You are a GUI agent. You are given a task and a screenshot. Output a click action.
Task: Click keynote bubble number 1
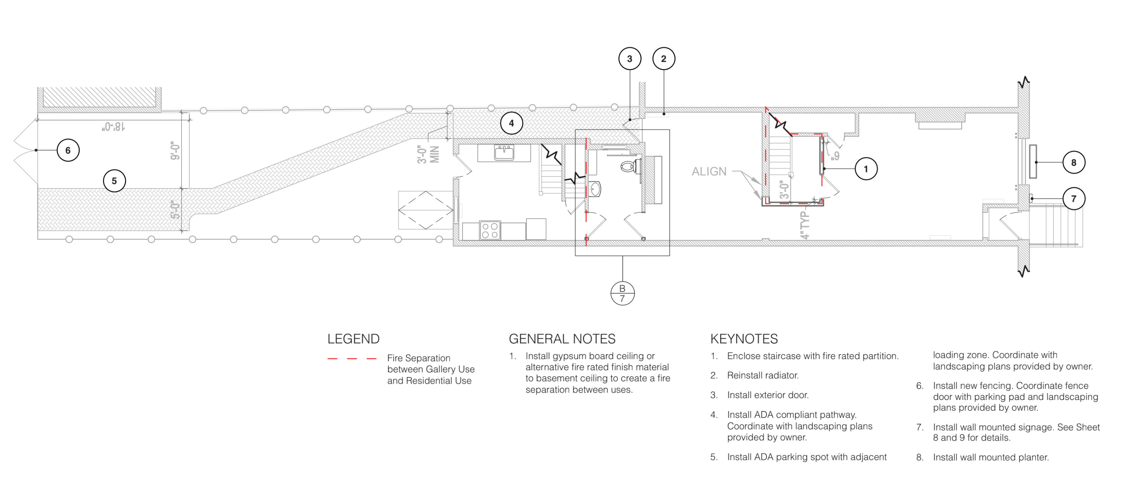[866, 169]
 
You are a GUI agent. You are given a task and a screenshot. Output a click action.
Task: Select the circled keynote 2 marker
[664, 59]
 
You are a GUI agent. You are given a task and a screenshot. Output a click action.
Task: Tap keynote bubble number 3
[630, 59]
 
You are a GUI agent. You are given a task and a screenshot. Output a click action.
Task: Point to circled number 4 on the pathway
[511, 123]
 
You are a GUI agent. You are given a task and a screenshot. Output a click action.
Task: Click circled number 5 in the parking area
[114, 181]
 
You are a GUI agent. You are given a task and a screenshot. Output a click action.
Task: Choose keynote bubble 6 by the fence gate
[68, 150]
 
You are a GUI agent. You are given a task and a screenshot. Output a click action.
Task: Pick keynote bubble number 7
[1074, 199]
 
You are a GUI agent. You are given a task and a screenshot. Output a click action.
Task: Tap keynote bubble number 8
[1074, 162]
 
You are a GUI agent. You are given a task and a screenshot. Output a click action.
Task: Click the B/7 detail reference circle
[622, 293]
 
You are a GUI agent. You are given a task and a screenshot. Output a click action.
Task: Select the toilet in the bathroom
[629, 166]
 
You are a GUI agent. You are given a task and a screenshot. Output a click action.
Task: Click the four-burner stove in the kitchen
[490, 230]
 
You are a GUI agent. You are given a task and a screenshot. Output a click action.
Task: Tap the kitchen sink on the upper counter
[504, 153]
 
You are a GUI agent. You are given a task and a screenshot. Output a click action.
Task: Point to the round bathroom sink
[595, 189]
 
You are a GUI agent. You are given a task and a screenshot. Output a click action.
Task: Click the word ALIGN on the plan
[709, 172]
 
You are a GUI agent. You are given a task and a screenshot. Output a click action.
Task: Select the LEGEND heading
[353, 339]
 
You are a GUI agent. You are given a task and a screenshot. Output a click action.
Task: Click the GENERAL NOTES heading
[562, 339]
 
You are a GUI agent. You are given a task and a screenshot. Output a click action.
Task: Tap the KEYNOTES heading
[744, 339]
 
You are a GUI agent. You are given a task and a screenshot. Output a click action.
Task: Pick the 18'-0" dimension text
[113, 127]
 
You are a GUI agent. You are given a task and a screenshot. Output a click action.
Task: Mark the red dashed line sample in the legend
[352, 359]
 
